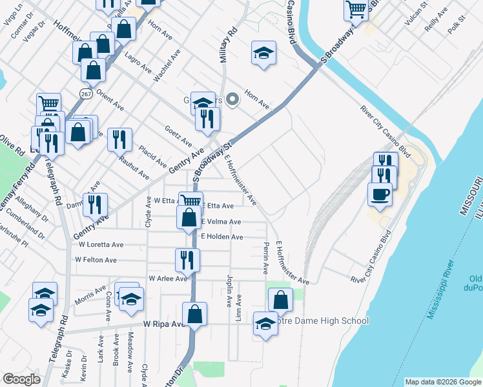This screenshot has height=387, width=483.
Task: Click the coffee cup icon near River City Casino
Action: coord(380,193)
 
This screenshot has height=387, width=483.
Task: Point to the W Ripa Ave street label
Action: coord(164,324)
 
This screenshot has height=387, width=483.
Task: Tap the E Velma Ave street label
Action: coord(221,222)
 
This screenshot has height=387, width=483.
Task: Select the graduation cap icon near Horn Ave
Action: coord(263,52)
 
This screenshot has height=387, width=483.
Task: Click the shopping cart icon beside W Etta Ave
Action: coord(190,202)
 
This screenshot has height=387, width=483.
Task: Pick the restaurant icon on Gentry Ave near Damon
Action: coord(94,204)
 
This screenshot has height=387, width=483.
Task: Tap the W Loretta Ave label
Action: coord(101,245)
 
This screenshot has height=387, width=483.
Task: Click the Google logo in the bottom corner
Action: coord(21,379)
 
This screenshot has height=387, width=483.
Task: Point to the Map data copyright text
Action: coord(443,382)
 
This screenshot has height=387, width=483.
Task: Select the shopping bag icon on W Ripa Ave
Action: coord(194,314)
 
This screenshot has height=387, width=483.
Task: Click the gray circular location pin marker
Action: coord(233,99)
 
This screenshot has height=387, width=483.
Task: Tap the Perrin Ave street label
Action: coord(265,257)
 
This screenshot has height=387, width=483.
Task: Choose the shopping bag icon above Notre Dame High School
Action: coord(280,299)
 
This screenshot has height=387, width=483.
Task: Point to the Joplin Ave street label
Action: coord(229,291)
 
